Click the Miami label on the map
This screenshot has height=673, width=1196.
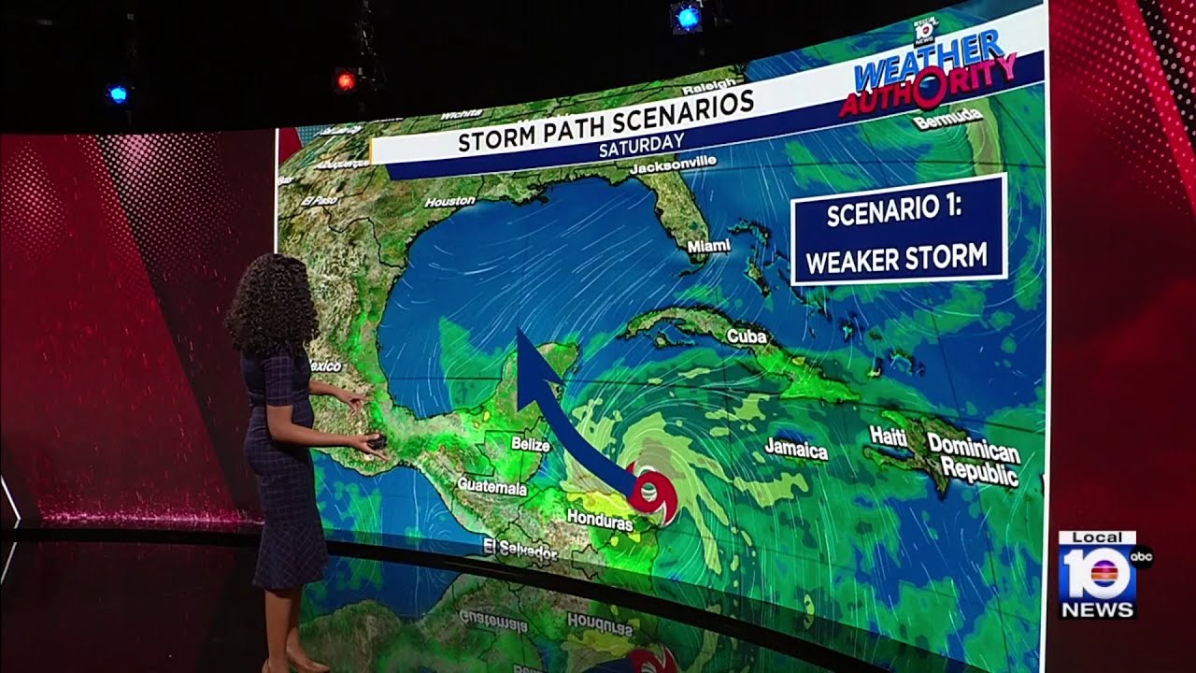[x=708, y=246]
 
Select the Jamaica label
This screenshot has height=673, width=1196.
[x=796, y=450]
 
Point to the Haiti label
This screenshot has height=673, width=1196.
[x=888, y=435]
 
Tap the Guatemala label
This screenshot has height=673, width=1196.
[x=492, y=486]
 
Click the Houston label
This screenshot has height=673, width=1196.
[x=450, y=201]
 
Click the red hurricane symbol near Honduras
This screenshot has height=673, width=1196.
[x=651, y=493]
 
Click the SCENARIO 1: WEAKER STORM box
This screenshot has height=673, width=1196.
[x=898, y=229]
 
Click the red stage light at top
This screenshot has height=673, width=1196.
[x=346, y=80]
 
